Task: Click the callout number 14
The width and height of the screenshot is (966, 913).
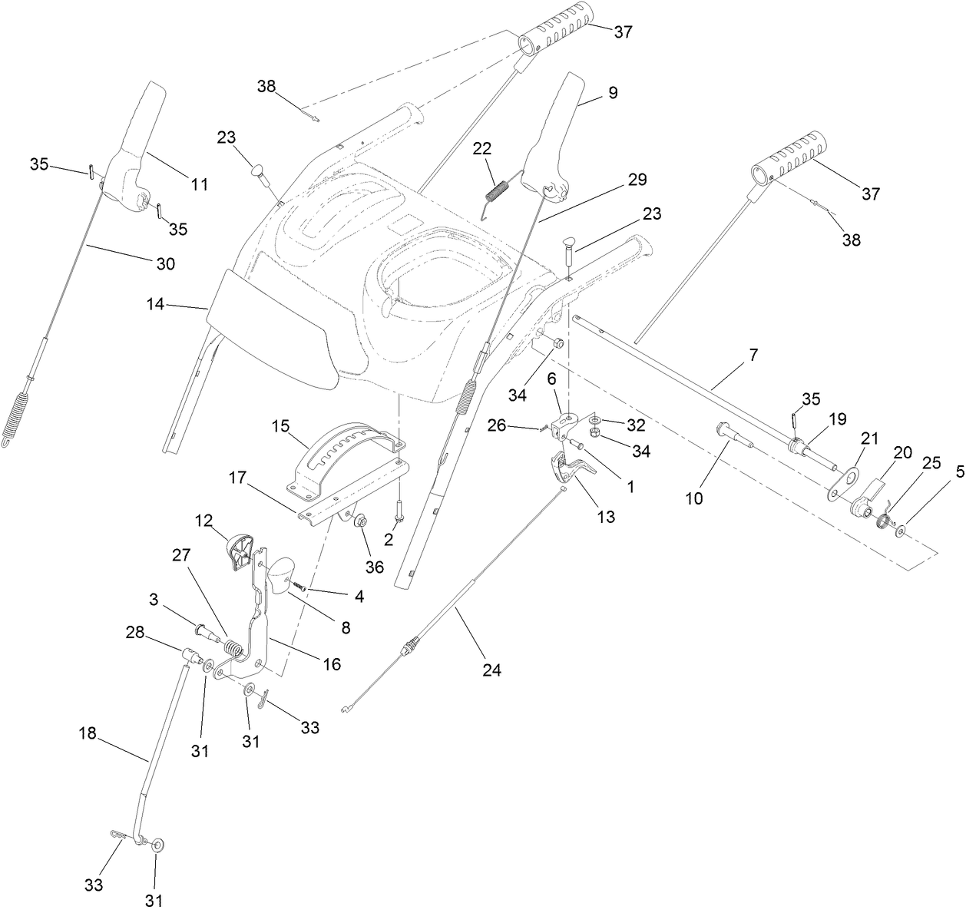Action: point(157,304)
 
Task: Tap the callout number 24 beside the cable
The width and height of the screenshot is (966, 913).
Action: point(491,670)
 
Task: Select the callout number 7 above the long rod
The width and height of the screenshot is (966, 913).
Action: point(753,355)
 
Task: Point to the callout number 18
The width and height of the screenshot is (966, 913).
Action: point(88,733)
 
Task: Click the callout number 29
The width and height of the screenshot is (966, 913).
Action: point(637,180)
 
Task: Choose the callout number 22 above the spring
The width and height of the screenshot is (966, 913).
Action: point(481,148)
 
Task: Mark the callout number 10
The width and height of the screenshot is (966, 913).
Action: point(693,498)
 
